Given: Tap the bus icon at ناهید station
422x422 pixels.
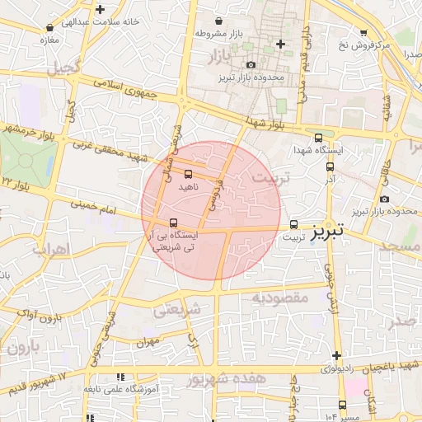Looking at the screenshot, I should pos(189,174).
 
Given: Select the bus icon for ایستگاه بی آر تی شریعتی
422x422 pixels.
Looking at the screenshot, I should pos(173,223).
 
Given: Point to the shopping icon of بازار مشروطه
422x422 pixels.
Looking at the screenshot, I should pos(218,21).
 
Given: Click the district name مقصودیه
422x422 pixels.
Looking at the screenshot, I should pos(279,297).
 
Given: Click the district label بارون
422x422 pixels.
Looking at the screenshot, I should pos(19,348).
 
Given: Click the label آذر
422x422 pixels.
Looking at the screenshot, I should pos(331,178).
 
